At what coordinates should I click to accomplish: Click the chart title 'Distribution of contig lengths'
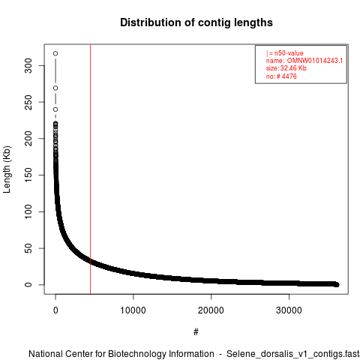[x=196, y=22]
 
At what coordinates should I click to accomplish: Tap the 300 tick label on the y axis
[x=28, y=65]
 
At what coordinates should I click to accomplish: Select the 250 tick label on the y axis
[x=28, y=102]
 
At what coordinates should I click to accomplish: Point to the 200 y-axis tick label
[x=28, y=139]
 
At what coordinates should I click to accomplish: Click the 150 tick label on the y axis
[x=28, y=175]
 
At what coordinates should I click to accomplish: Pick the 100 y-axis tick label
[x=28, y=211]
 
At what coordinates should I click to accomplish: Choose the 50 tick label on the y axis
[x=28, y=248]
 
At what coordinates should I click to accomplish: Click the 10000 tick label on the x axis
[x=133, y=310]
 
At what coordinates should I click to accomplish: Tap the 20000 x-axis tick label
[x=211, y=310]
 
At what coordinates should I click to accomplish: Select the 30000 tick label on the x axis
[x=289, y=310]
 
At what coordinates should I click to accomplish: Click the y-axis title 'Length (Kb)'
[x=7, y=169]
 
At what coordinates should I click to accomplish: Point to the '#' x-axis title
[x=196, y=332]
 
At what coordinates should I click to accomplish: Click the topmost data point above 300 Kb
[x=55, y=53]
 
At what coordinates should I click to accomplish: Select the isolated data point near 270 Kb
[x=55, y=88]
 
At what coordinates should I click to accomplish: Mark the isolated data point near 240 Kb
[x=55, y=109]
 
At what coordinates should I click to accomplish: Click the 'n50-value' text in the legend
[x=289, y=53]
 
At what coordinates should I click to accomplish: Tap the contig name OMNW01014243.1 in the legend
[x=315, y=61]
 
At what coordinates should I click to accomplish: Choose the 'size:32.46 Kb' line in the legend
[x=286, y=68]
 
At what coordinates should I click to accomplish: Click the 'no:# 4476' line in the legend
[x=281, y=76]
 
